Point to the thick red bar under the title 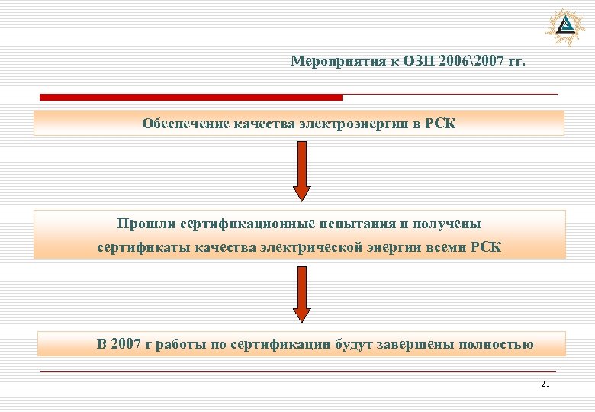[191, 98]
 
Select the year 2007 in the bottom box [126, 344]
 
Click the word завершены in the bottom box [413, 344]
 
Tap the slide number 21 [545, 384]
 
